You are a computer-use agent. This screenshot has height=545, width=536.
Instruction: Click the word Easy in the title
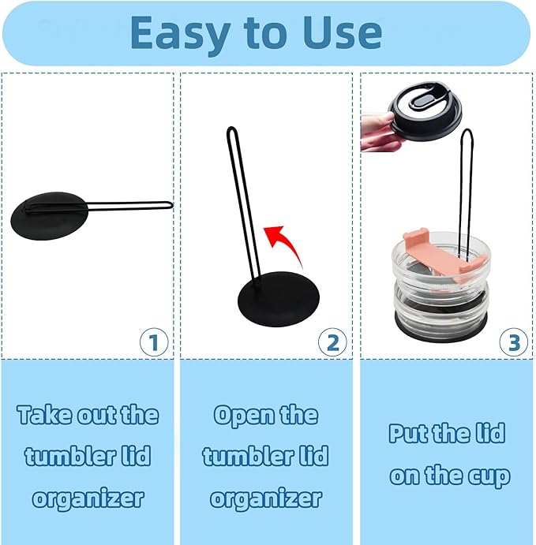coord(180,34)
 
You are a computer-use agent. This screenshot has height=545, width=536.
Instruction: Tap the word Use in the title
coord(343,32)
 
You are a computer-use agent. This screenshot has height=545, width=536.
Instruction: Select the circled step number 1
coord(154,342)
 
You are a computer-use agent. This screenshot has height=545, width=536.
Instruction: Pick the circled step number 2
coord(332,342)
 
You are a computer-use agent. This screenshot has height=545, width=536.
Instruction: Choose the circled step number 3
coord(513,342)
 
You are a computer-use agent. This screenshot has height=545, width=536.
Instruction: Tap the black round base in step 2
coord(278,299)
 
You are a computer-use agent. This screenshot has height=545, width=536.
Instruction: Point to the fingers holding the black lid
coord(380,132)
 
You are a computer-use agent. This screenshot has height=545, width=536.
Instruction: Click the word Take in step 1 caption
coord(39,415)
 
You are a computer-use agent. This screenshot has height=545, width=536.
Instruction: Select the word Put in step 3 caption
coord(404,434)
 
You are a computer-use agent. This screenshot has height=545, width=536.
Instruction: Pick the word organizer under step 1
coord(88,499)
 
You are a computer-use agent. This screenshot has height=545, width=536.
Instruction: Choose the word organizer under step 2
coord(266,499)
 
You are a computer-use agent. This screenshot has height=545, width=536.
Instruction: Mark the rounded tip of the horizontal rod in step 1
coord(171,205)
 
